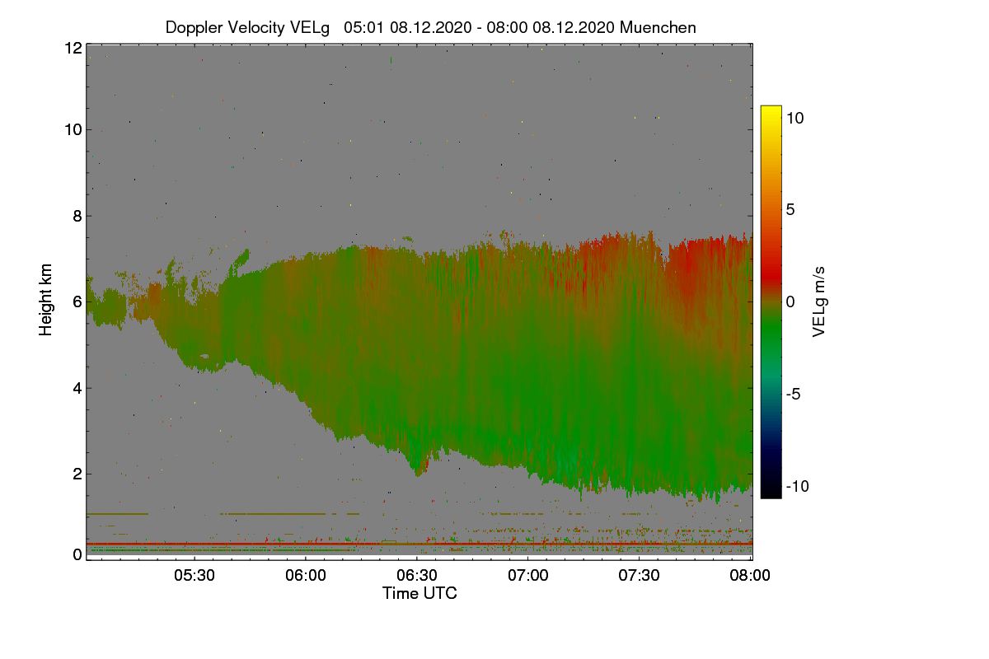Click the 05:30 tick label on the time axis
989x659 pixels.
(194, 576)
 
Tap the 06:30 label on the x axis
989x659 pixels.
(417, 576)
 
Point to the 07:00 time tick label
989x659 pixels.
(528, 576)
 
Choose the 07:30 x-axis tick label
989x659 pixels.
(640, 576)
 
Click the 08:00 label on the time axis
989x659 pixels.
(751, 576)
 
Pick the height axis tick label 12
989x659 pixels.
(72, 48)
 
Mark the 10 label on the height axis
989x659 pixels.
(72, 129)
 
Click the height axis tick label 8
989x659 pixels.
(77, 216)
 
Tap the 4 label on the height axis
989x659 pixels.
(77, 388)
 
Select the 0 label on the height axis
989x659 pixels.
(77, 555)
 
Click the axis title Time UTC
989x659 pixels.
(420, 593)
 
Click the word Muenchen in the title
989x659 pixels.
(658, 27)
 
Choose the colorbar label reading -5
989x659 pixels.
(795, 394)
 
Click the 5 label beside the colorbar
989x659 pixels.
(790, 209)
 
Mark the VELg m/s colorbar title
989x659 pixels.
(819, 301)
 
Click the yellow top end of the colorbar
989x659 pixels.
(771, 111)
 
